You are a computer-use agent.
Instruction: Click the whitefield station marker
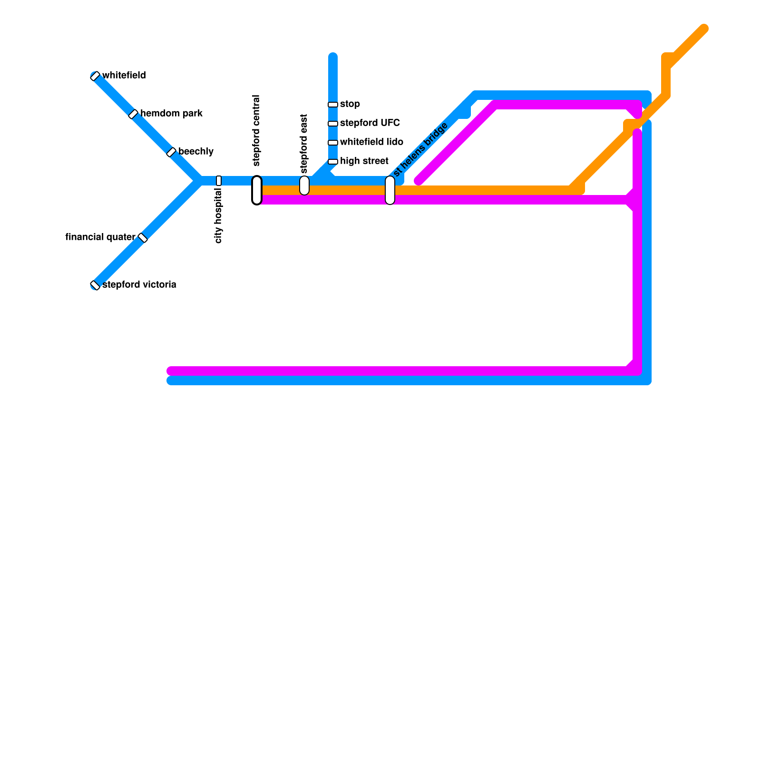coord(95,76)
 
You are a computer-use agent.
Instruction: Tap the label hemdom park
coord(171,114)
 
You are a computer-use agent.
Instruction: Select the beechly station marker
coord(171,152)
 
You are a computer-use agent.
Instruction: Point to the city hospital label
coord(219,215)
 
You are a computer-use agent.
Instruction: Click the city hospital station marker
coord(219,181)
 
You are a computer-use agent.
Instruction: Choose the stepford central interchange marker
coord(257,190)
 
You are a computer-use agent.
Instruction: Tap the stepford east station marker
coord(304,185)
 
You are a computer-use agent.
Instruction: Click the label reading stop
coord(350,104)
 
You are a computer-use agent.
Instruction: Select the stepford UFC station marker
coord(333,124)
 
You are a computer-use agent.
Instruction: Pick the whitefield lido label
coord(371,142)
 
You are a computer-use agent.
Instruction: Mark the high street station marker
coord(333,162)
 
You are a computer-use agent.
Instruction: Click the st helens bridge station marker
coord(390,190)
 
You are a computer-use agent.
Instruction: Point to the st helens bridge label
coord(421,149)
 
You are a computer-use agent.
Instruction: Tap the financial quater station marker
coord(143,238)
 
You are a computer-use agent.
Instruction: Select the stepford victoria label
coord(139,285)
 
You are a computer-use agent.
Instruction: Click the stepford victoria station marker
coord(95,285)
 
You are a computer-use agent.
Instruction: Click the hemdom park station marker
coord(133,114)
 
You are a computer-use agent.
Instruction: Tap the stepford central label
coord(257,131)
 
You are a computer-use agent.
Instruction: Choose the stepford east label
coord(304,144)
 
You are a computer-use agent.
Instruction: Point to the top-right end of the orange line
coord(704,29)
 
